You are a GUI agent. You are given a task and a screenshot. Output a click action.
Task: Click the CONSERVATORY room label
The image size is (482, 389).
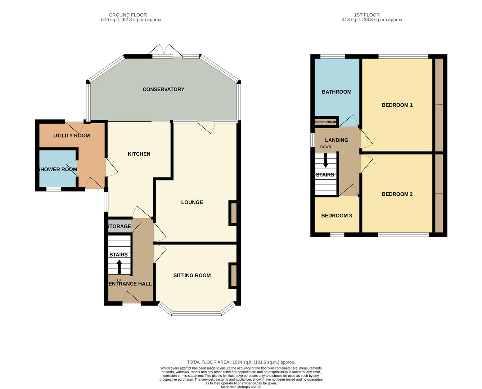coord(163,89)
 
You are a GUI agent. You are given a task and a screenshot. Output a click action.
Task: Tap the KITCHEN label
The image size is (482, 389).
coord(139,154)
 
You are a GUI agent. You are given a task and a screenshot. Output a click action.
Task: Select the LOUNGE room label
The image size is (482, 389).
coord(192,202)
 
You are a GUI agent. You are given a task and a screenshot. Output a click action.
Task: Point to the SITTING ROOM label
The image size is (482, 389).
coord(192,275)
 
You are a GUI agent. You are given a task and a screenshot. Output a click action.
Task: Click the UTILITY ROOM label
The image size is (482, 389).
coord(71,135)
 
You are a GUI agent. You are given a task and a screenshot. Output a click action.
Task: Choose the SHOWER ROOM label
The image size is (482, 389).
coord(58,169)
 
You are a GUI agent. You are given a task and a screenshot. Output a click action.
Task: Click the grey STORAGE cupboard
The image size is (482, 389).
coord(119,226)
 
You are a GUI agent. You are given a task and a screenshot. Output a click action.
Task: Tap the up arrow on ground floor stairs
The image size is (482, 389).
coord(119,267)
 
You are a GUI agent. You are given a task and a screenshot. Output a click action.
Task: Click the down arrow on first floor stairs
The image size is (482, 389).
coord(325,161)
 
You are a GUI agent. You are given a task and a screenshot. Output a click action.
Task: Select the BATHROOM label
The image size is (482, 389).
coord(337,92)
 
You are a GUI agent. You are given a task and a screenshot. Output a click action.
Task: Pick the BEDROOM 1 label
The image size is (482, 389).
coord(397,105)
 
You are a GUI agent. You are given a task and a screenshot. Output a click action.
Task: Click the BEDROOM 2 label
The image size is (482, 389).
coord(397,194)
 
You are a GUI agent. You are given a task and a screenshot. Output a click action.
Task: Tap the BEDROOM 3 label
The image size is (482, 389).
coord(337,215)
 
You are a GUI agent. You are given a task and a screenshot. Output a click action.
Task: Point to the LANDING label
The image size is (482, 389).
coord(337,140)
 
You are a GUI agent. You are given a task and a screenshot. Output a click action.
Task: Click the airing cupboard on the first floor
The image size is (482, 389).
coord(326,122)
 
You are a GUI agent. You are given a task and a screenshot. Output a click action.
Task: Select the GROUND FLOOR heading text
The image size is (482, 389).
coord(128,15)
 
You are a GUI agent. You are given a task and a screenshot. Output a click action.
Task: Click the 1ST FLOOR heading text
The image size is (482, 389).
coord(366,15)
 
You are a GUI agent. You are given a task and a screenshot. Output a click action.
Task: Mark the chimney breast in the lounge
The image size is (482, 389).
coord(233,213)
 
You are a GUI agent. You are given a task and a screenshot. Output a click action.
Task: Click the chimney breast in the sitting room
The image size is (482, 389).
coord(233,276)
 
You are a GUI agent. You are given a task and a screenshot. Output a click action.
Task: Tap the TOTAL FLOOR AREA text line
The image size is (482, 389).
coord(241,362)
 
